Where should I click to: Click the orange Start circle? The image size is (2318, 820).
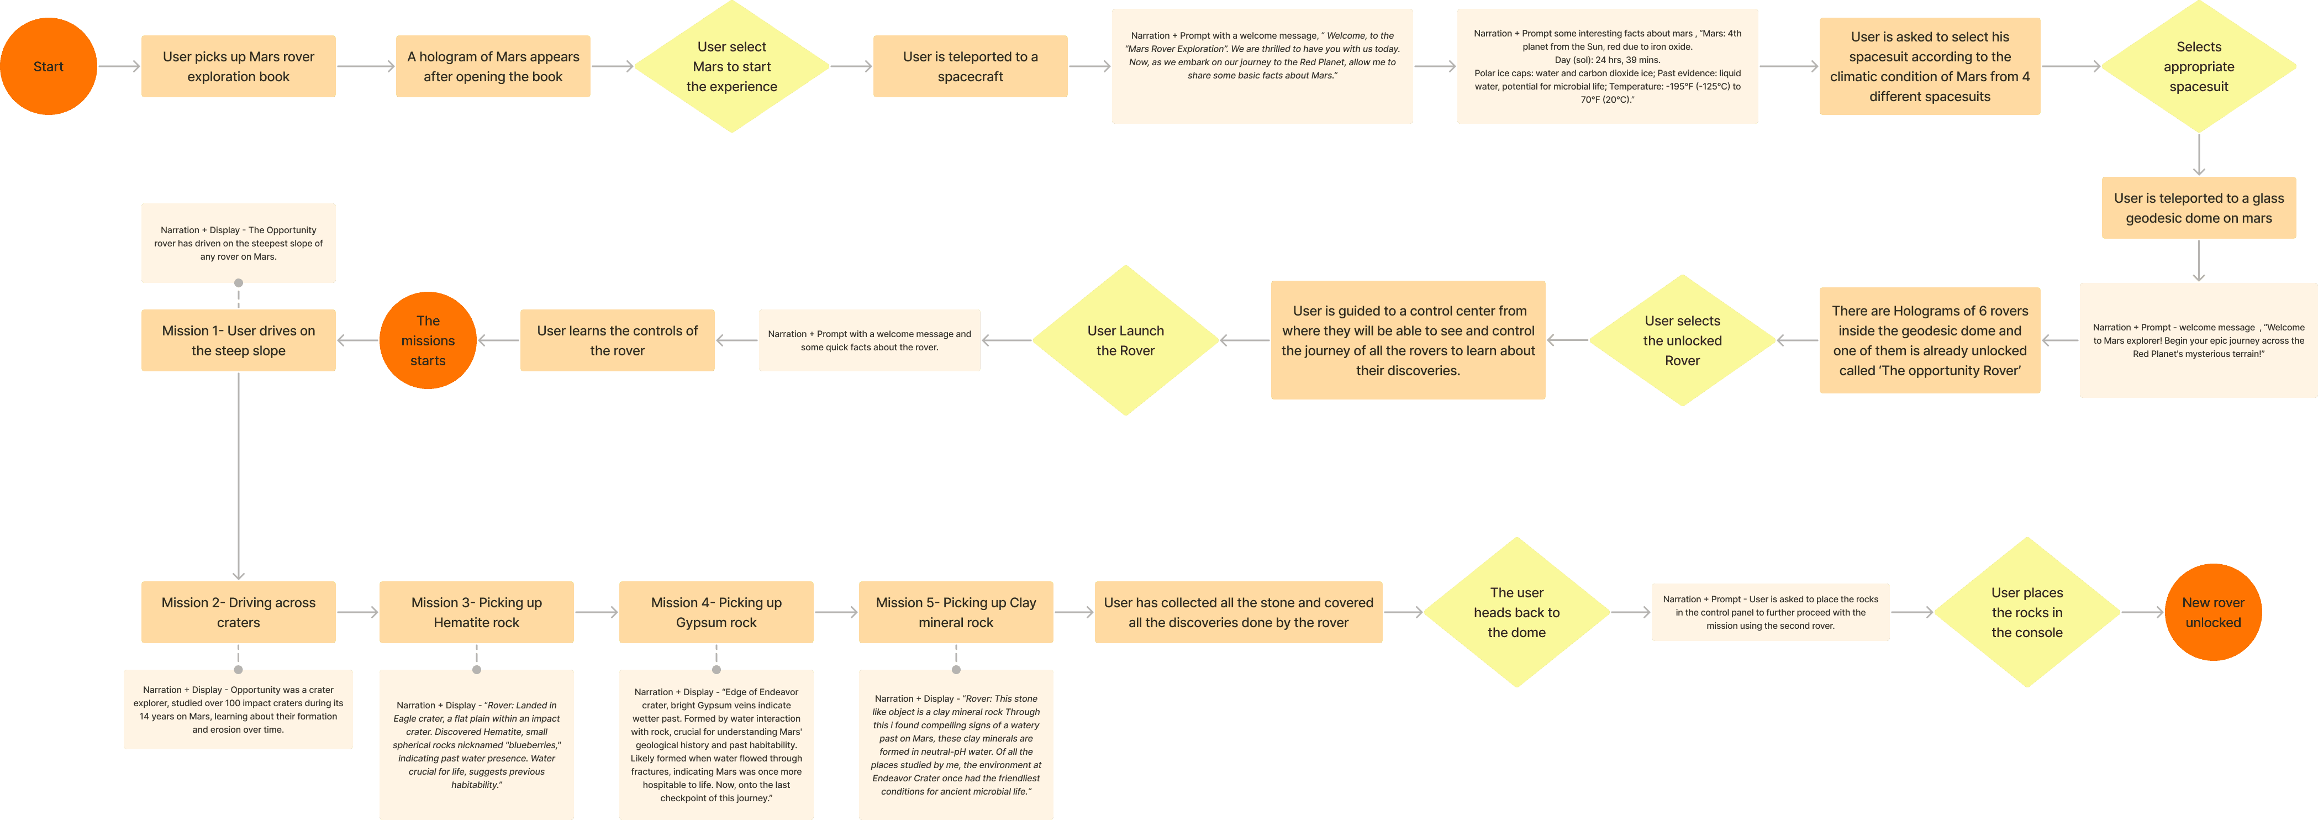(x=49, y=67)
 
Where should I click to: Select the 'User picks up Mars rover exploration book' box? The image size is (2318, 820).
(x=239, y=67)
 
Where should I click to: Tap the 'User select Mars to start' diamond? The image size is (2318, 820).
(x=731, y=67)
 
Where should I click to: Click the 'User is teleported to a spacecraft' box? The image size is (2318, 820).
(x=970, y=67)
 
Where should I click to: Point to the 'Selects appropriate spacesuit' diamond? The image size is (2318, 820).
(x=2198, y=67)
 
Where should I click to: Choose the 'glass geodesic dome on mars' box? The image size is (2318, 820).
(x=2198, y=208)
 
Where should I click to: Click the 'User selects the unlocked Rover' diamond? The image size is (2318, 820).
(x=1682, y=340)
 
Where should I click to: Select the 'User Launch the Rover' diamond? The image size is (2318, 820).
(x=1125, y=340)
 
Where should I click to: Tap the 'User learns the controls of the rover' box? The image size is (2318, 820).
(x=617, y=340)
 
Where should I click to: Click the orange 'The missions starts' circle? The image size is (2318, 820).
(x=428, y=340)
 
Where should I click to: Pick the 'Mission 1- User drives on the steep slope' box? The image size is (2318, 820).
(x=239, y=340)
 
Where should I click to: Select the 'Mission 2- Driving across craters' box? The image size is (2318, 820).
(x=239, y=612)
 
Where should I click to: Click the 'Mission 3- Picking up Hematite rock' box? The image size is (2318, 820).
(x=476, y=612)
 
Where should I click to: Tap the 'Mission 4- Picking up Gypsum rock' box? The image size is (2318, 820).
(x=717, y=612)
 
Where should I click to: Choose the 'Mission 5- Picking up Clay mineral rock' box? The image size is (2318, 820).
(x=956, y=612)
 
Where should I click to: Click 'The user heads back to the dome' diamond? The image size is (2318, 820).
(x=1516, y=612)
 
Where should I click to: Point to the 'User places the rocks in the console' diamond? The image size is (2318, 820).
(x=2026, y=612)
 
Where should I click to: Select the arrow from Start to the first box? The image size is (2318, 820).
(x=119, y=67)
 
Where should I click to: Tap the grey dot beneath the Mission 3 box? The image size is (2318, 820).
(x=476, y=670)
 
